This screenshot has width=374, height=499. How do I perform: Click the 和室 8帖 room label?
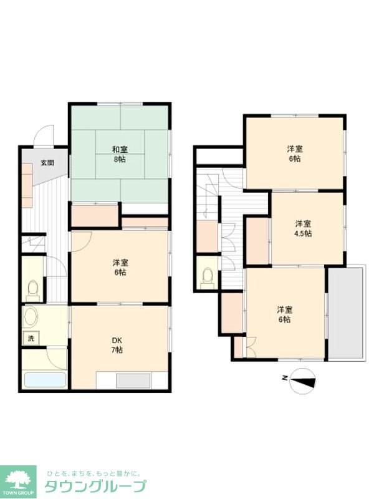(120, 153)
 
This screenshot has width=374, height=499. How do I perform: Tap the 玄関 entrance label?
(47, 163)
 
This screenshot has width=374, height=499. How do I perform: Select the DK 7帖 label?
(117, 344)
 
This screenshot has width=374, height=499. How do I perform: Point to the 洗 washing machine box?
(31, 339)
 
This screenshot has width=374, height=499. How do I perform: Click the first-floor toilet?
(32, 289)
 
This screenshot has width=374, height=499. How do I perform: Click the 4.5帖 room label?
(304, 228)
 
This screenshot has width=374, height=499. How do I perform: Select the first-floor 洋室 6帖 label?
(120, 268)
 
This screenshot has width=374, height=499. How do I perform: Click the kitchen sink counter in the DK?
(132, 380)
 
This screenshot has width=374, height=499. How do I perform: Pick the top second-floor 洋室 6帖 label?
(295, 153)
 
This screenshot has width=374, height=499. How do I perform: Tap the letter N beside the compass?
(284, 378)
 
